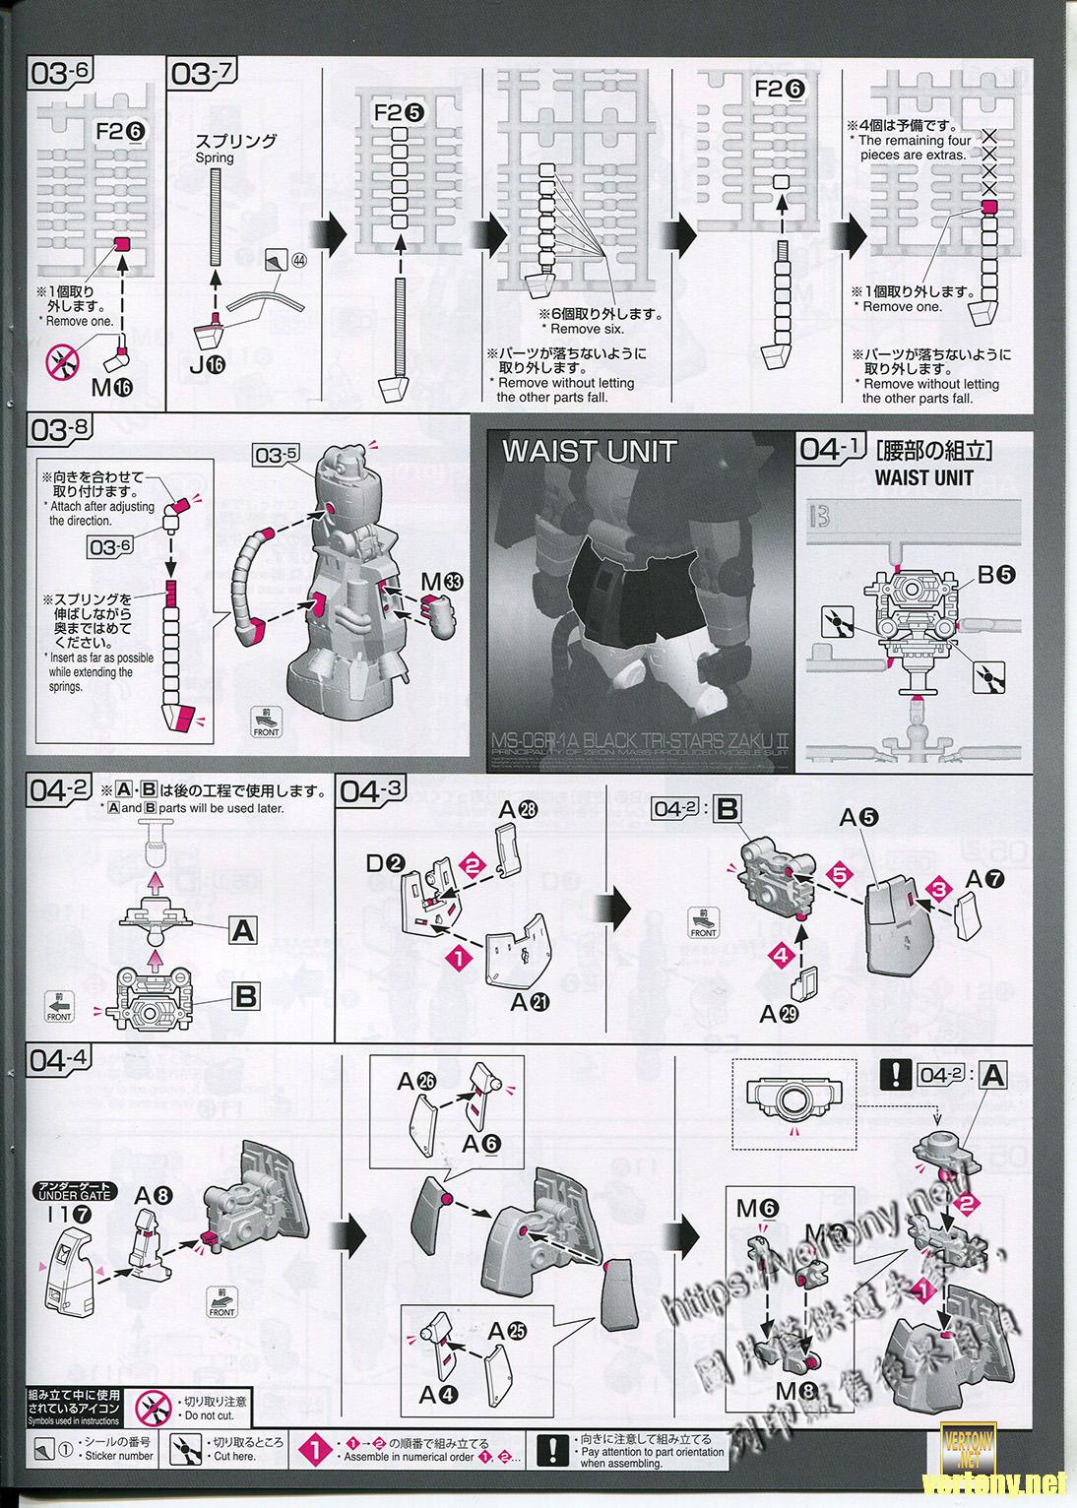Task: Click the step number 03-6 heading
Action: [x=61, y=73]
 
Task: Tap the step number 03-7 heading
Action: [x=203, y=73]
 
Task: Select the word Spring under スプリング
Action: [x=215, y=157]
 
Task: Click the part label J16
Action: [x=211, y=364]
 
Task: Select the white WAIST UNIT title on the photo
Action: [x=589, y=451]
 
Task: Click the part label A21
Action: [x=530, y=1002]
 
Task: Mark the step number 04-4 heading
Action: [x=61, y=1060]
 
